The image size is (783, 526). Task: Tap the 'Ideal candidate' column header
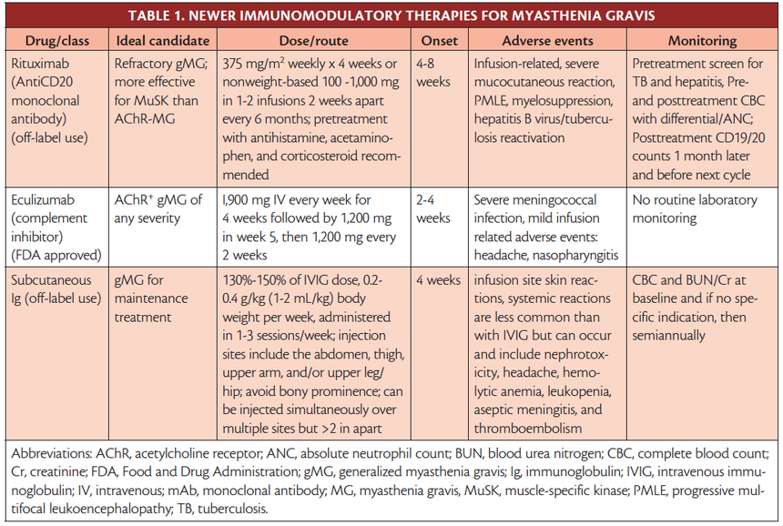pyautogui.click(x=163, y=41)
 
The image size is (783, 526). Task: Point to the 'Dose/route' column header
pyautogui.click(x=314, y=41)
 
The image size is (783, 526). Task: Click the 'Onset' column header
pyautogui.click(x=439, y=41)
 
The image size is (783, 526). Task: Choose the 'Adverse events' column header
pyautogui.click(x=547, y=41)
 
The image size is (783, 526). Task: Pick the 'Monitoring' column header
pyautogui.click(x=701, y=41)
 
